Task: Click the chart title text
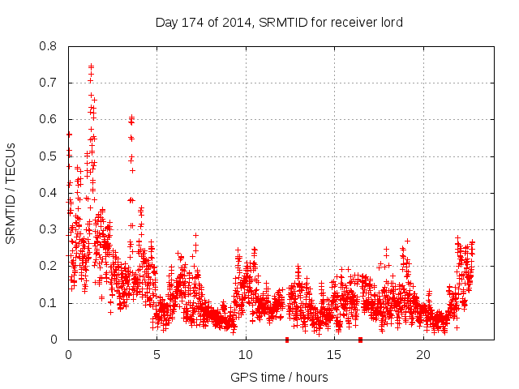pyautogui.click(x=279, y=22)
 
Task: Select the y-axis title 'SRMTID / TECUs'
pyautogui.click(x=11, y=193)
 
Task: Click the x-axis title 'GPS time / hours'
pyautogui.click(x=279, y=377)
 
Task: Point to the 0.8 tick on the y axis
pyautogui.click(x=49, y=46)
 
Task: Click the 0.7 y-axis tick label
pyautogui.click(x=49, y=83)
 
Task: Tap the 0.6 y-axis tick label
pyautogui.click(x=49, y=119)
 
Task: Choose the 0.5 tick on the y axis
pyautogui.click(x=49, y=156)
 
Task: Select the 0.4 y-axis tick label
pyautogui.click(x=49, y=193)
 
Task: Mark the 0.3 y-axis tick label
pyautogui.click(x=49, y=229)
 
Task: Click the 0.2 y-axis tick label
pyautogui.click(x=49, y=266)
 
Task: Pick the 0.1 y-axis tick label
pyautogui.click(x=49, y=303)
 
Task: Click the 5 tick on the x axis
pyautogui.click(x=157, y=355)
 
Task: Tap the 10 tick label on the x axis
pyautogui.click(x=246, y=355)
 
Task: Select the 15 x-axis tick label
pyautogui.click(x=335, y=355)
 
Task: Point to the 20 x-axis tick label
pyautogui.click(x=423, y=355)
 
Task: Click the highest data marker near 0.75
pyautogui.click(x=91, y=66)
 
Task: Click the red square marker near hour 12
pyautogui.click(x=286, y=340)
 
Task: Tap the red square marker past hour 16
pyautogui.click(x=360, y=340)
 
